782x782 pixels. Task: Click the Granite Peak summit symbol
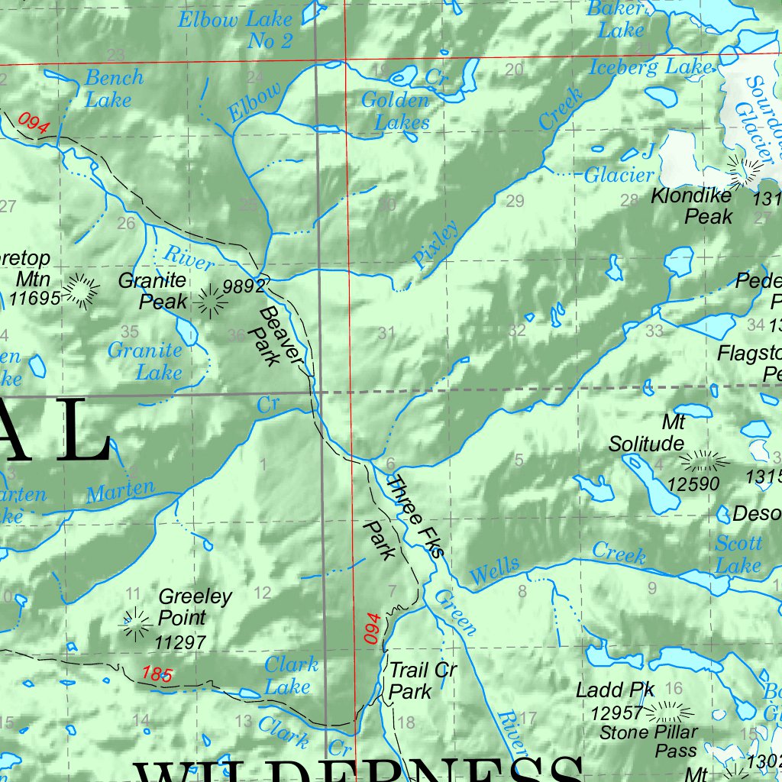[x=211, y=301]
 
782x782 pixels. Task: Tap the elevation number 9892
[x=244, y=286]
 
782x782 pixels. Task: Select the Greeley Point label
[x=195, y=606]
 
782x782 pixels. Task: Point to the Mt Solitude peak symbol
[x=703, y=460]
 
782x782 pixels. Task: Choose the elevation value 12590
[x=693, y=484]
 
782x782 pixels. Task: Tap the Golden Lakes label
[x=396, y=111]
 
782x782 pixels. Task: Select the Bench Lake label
[x=113, y=89]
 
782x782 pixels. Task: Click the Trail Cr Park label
[x=422, y=681]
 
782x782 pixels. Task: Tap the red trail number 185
[x=157, y=674]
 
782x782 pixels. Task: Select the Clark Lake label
[x=291, y=676]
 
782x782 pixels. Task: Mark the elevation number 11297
[x=180, y=643]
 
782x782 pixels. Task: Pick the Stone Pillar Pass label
[x=648, y=742]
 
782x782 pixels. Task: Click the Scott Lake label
[x=738, y=554]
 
